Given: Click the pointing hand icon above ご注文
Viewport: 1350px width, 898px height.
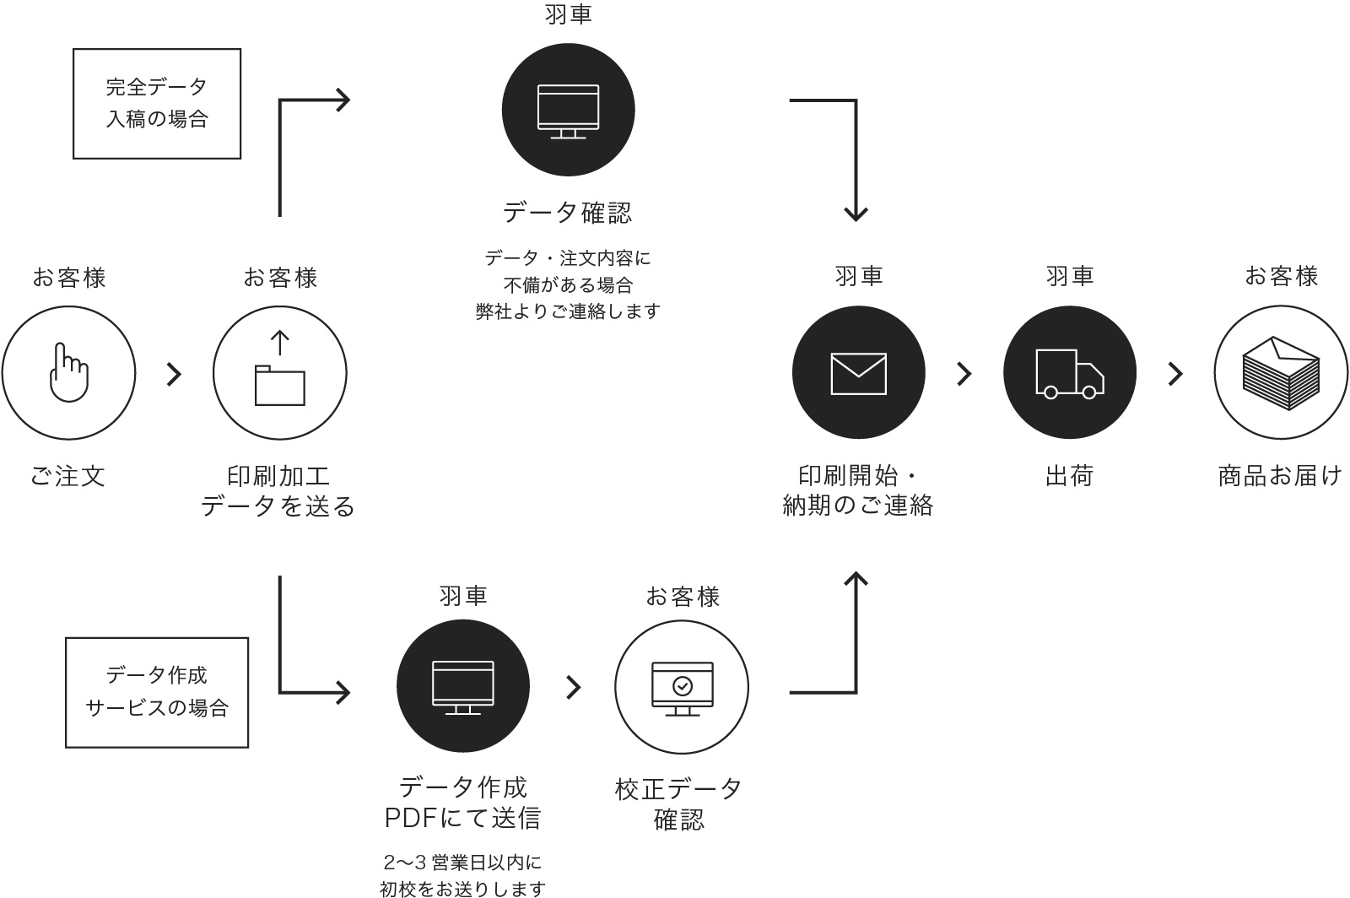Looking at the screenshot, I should (x=68, y=372).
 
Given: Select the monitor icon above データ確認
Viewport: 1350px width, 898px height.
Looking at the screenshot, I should (x=569, y=111).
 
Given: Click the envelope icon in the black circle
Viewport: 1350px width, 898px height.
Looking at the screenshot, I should (x=858, y=373).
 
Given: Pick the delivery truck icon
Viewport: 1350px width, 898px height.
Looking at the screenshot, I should (x=1069, y=373).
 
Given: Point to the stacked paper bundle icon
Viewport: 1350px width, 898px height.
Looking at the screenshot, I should (x=1281, y=373).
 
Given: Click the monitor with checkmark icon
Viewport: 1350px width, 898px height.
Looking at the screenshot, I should (x=682, y=688).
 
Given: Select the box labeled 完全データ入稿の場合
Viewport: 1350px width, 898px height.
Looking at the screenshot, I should (x=157, y=103).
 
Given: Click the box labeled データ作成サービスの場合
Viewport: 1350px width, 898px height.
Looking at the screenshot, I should (x=157, y=692).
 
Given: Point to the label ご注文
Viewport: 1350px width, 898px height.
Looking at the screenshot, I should (x=67, y=476).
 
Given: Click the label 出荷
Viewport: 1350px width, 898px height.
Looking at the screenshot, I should (x=1069, y=476).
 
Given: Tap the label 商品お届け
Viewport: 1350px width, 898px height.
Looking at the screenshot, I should (x=1279, y=476).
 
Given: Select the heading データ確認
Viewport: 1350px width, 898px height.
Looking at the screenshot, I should (x=567, y=213).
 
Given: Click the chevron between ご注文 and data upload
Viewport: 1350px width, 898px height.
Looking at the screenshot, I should (x=174, y=374).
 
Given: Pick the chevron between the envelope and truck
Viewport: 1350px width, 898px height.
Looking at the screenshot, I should (x=964, y=374).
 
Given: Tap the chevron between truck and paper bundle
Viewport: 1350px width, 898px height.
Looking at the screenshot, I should (x=1174, y=374).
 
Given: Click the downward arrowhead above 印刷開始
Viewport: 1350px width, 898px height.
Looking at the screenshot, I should (x=856, y=213).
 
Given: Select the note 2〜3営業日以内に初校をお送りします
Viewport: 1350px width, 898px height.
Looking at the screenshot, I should (x=462, y=875).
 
